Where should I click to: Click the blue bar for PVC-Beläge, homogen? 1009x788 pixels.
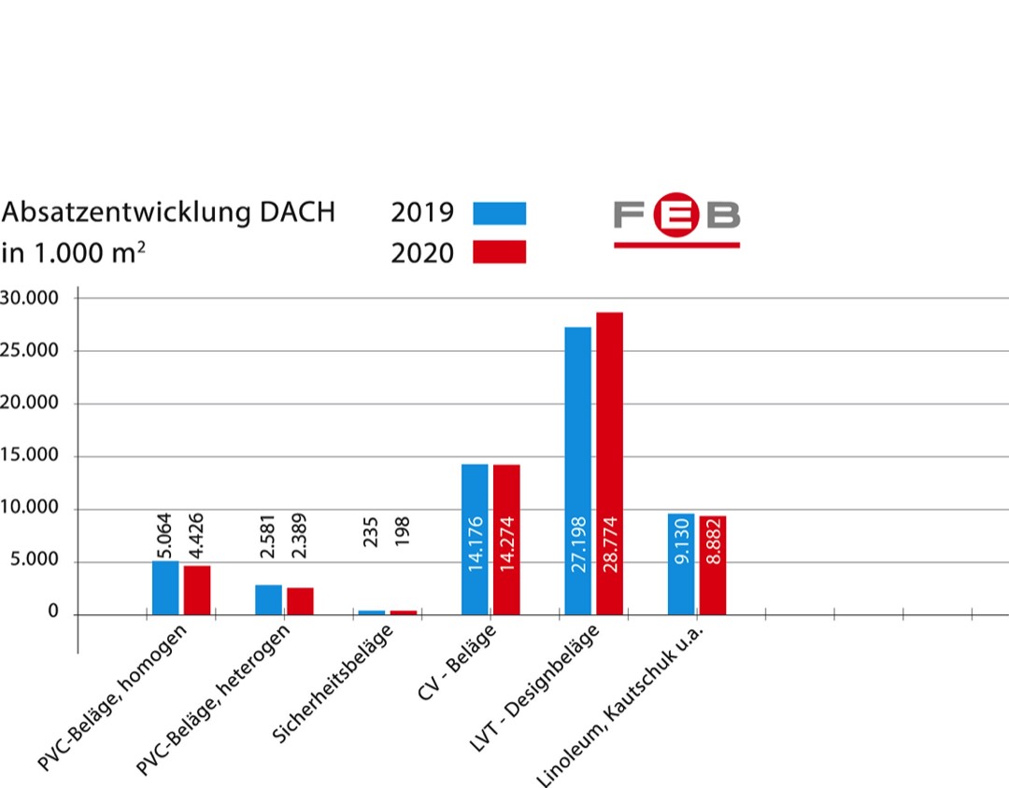coord(165,587)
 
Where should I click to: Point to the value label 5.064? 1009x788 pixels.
coord(165,534)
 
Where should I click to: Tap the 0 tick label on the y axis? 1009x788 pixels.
coord(53,613)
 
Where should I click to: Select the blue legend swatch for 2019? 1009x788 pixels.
coord(499,213)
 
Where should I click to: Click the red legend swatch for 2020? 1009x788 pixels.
coord(499,252)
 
